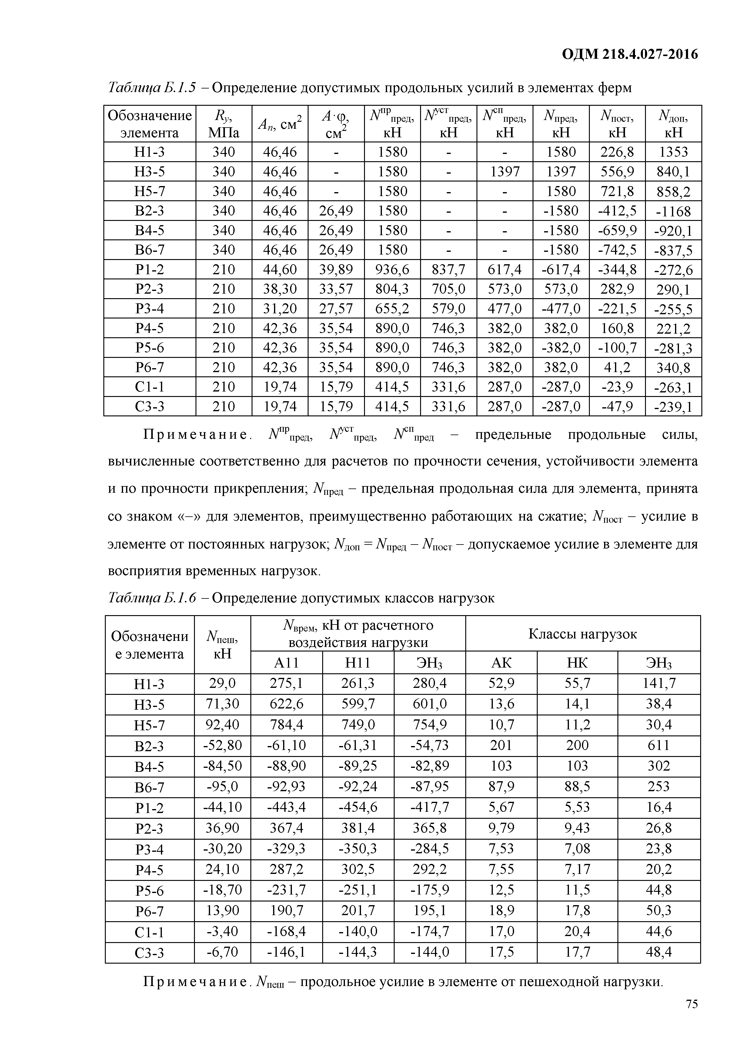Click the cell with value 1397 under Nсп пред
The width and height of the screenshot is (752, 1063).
[504, 172]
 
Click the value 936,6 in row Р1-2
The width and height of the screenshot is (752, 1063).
[392, 269]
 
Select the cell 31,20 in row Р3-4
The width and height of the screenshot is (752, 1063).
[280, 308]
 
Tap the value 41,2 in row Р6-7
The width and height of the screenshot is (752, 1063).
[617, 367]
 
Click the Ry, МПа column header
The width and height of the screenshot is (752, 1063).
[224, 124]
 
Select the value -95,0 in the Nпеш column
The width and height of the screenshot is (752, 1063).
[222, 786]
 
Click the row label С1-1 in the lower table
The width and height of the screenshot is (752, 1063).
[149, 931]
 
